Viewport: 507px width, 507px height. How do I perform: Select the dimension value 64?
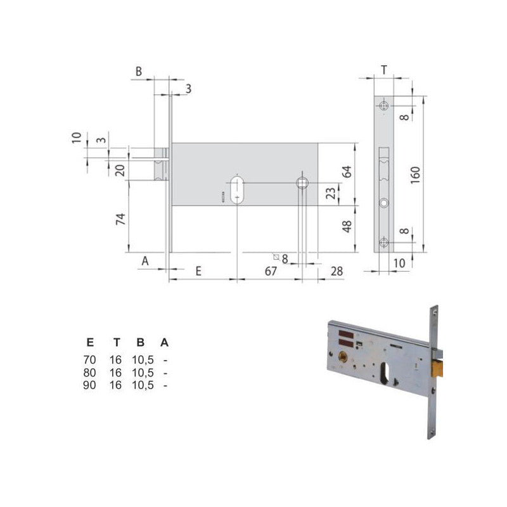click(346, 172)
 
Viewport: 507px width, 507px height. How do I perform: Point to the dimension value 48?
click(346, 227)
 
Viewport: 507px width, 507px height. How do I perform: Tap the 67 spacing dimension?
click(270, 271)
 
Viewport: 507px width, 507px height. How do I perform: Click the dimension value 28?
click(337, 271)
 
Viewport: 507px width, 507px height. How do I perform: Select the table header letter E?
click(90, 343)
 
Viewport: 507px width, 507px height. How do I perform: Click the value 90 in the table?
click(90, 385)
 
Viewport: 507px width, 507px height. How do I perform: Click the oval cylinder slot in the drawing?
click(238, 188)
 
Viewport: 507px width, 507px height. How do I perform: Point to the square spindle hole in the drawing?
click(302, 183)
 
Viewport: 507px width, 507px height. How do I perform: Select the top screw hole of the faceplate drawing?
click(384, 105)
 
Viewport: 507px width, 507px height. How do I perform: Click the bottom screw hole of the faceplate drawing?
click(384, 241)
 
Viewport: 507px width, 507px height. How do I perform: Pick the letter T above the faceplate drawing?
click(384, 69)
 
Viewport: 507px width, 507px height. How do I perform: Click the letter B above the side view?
click(138, 72)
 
